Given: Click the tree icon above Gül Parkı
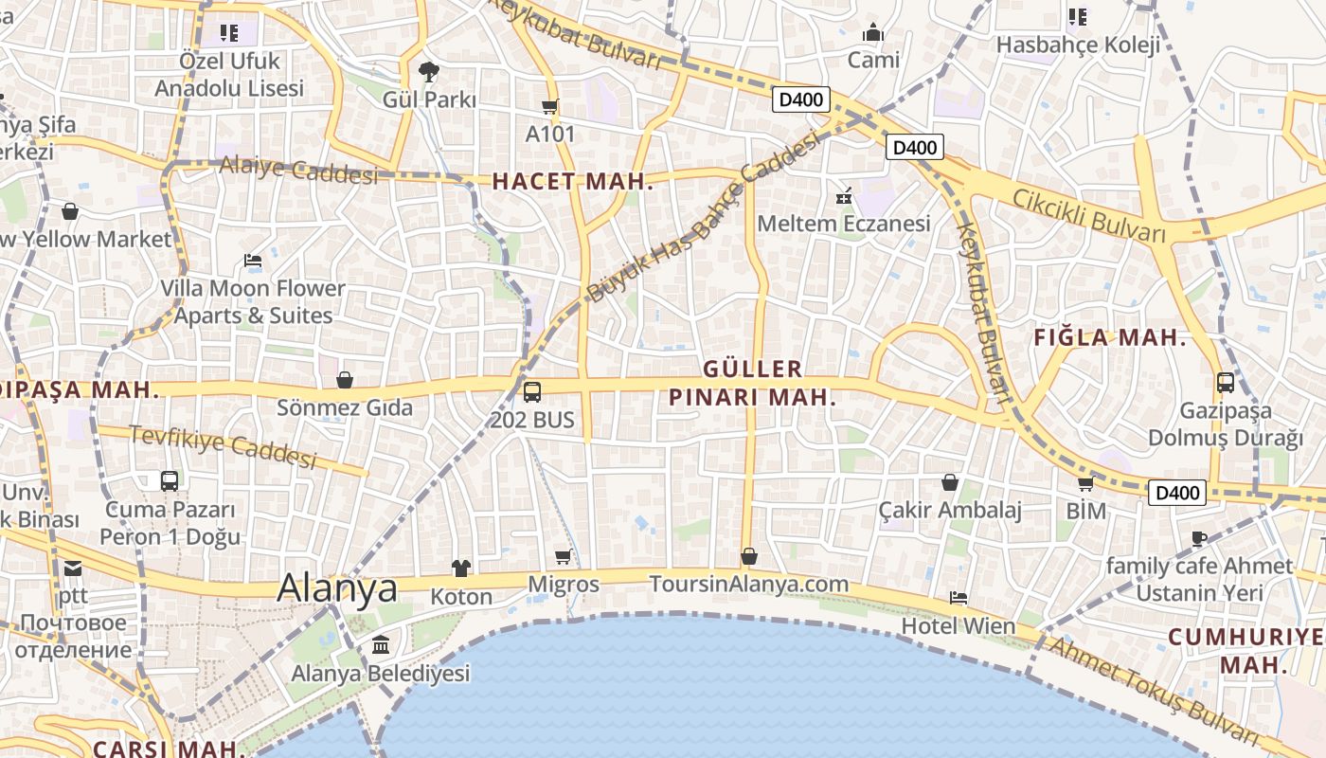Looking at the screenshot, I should click(x=429, y=71).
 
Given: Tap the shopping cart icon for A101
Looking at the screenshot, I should click(x=549, y=106).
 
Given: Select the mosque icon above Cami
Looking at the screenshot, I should click(x=873, y=32).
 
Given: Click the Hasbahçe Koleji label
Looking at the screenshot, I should click(x=1078, y=45).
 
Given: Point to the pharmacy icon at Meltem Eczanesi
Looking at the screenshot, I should click(x=844, y=197).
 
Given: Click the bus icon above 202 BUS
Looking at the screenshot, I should click(x=532, y=391).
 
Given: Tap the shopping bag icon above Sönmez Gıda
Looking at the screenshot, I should click(x=345, y=380).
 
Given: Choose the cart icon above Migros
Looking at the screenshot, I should click(x=564, y=557).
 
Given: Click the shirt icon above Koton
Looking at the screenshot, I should click(x=461, y=568).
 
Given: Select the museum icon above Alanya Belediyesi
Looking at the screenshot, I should click(x=381, y=645).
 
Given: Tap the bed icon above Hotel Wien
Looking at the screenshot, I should click(x=959, y=598).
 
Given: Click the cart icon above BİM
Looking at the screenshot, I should click(x=1085, y=484).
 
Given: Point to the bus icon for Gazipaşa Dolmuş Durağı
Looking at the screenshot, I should click(x=1226, y=383).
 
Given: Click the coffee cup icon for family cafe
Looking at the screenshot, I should click(x=1199, y=538).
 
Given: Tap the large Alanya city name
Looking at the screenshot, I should click(x=337, y=588).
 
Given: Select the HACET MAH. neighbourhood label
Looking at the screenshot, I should click(x=573, y=182).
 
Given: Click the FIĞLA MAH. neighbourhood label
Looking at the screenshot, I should click(x=1109, y=337).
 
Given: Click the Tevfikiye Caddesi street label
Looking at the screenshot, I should click(x=223, y=446).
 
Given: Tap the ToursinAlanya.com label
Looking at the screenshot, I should click(x=748, y=584).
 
